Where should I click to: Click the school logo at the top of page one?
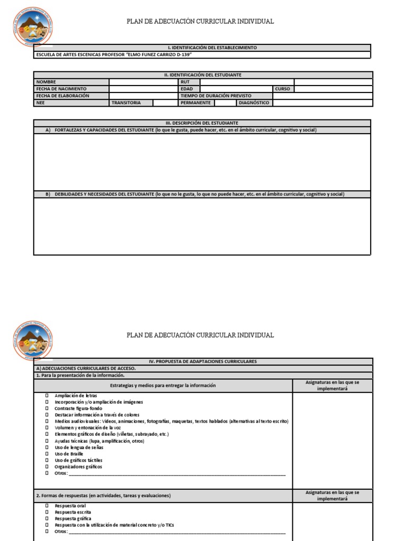33,26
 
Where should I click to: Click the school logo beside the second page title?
33,340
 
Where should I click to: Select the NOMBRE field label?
45,82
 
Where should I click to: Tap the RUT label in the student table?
185,82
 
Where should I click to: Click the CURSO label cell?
283,89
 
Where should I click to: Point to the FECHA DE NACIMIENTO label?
61,89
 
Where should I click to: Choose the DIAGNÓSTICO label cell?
254,102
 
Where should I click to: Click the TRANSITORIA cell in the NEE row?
126,102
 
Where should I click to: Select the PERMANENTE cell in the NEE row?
196,102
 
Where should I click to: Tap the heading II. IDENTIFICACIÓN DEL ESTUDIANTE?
203,75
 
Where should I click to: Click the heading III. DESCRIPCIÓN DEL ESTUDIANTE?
203,123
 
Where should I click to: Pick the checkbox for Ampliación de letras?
47,395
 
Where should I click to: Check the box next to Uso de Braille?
47,454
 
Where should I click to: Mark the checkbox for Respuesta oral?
47,506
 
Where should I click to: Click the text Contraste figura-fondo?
78,408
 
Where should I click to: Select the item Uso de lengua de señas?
79,447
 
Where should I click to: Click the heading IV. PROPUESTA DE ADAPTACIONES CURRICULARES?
203,361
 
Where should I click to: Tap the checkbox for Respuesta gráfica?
47,519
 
